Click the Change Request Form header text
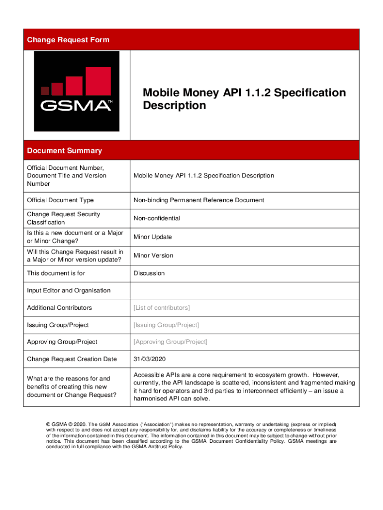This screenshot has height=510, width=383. point(68,40)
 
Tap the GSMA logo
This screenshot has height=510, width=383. point(77,91)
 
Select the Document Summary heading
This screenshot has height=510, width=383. point(64,150)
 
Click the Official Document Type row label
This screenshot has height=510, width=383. point(60,200)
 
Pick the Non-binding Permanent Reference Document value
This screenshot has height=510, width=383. point(198,200)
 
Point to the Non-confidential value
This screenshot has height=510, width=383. point(157,218)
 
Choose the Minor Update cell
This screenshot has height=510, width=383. point(153,237)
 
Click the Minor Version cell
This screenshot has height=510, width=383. point(153,255)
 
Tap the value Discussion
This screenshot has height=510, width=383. point(149,273)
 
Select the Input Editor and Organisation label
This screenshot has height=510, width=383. point(69,290)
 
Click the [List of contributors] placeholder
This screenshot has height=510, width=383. point(161,308)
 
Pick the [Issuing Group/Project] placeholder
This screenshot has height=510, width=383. point(166,325)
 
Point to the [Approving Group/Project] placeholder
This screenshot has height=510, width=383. point(170,342)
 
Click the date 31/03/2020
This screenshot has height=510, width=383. point(149,359)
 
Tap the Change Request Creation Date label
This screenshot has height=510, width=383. point(72,359)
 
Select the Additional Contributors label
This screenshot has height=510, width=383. point(59,308)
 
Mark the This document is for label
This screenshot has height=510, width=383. point(56,273)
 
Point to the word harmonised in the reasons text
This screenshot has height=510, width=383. point(151,399)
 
